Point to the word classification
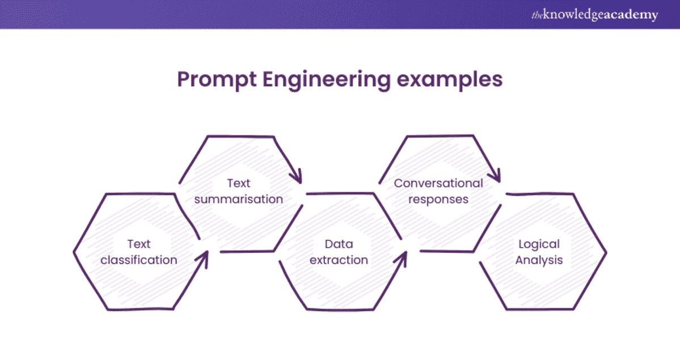click(x=139, y=260)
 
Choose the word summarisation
click(x=239, y=200)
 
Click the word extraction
click(x=339, y=260)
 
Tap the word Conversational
click(x=438, y=183)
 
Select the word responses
click(x=438, y=200)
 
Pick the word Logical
click(x=539, y=244)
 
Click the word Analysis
click(x=539, y=260)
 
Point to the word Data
click(x=339, y=244)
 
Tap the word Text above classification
click(x=139, y=244)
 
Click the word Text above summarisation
click(x=239, y=183)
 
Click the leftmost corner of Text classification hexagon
click(x=74, y=251)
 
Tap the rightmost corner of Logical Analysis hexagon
click(x=606, y=251)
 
